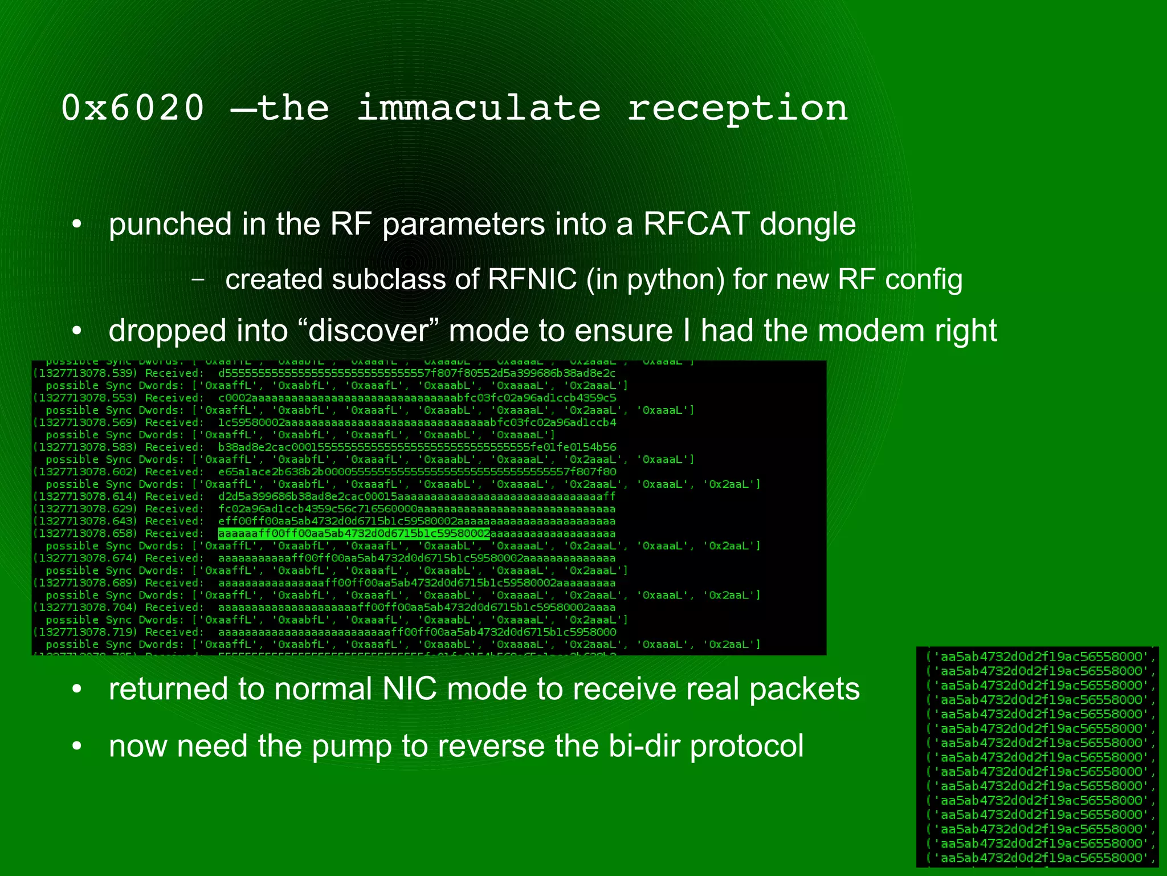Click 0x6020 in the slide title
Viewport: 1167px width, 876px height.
132,108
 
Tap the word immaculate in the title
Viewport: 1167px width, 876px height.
479,108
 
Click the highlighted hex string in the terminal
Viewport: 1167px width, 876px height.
354,534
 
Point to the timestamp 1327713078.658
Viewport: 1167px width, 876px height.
85,534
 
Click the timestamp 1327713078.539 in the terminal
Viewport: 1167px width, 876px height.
85,373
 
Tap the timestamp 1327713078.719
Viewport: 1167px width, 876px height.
85,632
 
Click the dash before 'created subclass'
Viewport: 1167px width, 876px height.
198,280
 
